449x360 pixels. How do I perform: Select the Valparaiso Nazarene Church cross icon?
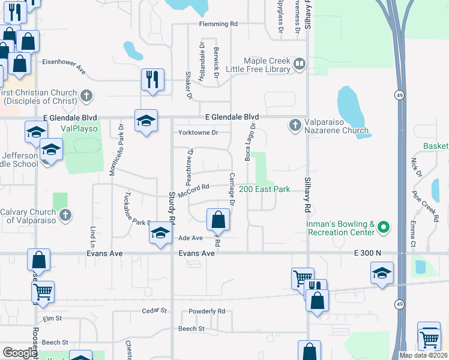tap(294, 125)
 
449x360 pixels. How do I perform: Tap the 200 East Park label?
tap(265, 189)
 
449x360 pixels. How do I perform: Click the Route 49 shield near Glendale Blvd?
tap(399, 95)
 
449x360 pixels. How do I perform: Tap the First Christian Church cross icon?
tap(86, 95)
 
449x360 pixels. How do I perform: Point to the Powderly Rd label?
tap(206, 311)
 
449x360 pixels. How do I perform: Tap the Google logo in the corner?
tap(19, 353)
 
